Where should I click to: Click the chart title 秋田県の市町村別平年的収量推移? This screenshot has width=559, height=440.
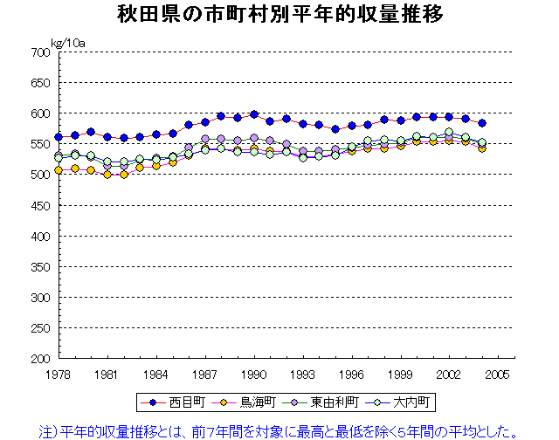tap(279, 15)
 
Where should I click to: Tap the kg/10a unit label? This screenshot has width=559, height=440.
tap(67, 42)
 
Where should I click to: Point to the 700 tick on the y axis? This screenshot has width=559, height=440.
tap(39, 52)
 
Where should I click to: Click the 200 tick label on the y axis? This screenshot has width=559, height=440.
tap(39, 359)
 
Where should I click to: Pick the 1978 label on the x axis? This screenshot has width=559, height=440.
tap(59, 374)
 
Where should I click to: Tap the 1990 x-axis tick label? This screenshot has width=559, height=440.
tap(254, 374)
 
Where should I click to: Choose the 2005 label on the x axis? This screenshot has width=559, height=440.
tap(498, 374)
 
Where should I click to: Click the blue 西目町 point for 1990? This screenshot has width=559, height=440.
tap(254, 114)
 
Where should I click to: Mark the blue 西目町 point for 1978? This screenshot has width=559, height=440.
tap(59, 137)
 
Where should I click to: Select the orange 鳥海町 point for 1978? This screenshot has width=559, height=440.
tap(59, 170)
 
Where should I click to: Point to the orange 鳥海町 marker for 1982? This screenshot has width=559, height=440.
tap(124, 175)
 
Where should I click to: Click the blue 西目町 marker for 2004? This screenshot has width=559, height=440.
tap(481, 123)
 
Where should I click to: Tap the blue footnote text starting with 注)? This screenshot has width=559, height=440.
tap(279, 430)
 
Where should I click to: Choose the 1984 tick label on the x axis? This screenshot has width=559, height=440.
tap(156, 374)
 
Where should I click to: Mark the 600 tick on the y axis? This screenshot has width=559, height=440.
tap(39, 113)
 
